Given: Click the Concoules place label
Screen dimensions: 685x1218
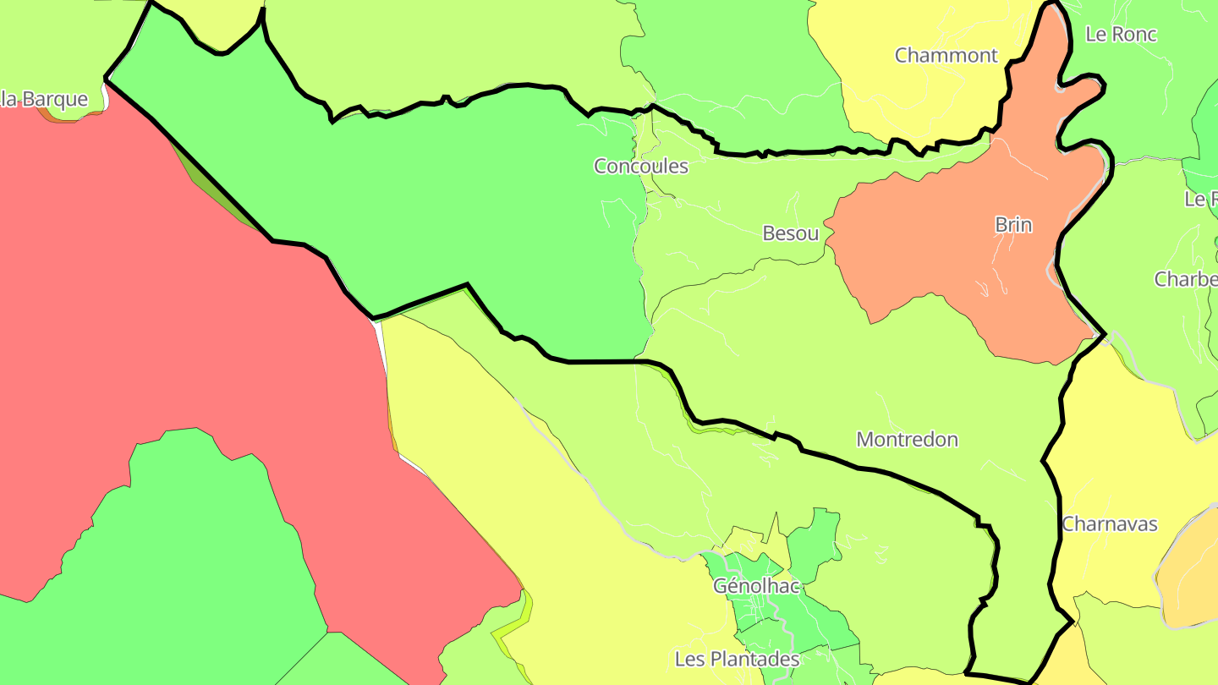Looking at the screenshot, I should [641, 166].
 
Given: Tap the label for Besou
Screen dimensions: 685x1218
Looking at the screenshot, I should [791, 233].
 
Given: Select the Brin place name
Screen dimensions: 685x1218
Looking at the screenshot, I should [1013, 225].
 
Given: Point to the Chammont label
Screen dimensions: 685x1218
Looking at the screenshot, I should [946, 56].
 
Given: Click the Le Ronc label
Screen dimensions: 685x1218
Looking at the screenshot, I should [1121, 35].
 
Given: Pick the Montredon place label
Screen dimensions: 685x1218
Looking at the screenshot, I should [907, 440].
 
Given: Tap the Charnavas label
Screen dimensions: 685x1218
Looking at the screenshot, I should [1109, 524].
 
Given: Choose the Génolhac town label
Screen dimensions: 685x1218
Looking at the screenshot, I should [756, 585].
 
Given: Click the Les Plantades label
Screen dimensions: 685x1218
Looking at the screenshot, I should [737, 659].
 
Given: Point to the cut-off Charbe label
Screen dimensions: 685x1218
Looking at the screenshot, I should [1186, 279].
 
